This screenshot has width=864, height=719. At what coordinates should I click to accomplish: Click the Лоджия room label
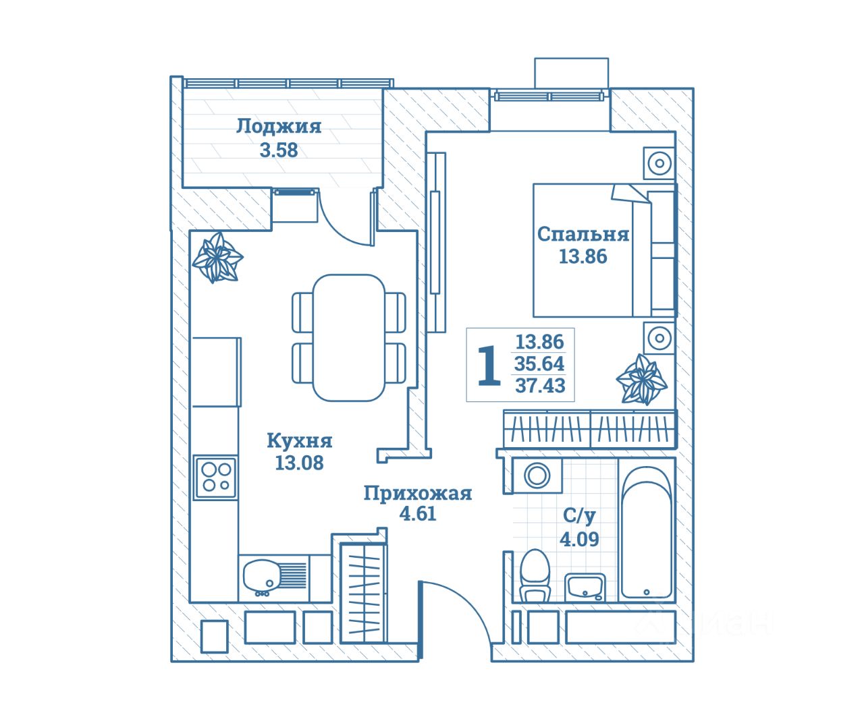click(x=279, y=126)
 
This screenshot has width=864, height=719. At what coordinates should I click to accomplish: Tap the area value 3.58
click(x=279, y=150)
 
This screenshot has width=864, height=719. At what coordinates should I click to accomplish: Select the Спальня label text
click(x=583, y=234)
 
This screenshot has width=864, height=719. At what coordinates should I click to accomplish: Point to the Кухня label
click(x=299, y=440)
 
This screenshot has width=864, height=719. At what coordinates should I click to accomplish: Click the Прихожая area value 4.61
click(x=418, y=514)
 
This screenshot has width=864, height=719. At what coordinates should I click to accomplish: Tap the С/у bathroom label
click(x=579, y=515)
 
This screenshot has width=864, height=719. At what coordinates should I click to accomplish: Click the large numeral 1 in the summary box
click(x=489, y=366)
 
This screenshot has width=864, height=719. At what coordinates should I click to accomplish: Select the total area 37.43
click(x=540, y=385)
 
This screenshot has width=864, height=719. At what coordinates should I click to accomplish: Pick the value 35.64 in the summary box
click(x=539, y=364)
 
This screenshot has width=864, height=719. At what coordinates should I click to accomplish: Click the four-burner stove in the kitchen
click(x=215, y=478)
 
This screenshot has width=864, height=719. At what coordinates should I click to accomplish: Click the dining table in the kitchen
click(x=349, y=338)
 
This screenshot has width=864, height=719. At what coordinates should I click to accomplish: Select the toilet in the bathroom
click(x=535, y=575)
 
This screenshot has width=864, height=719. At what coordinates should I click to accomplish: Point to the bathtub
click(x=647, y=532)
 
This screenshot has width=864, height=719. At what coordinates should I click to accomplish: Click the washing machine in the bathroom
click(x=537, y=475)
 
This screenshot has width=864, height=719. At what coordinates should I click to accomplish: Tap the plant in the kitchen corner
click(x=217, y=257)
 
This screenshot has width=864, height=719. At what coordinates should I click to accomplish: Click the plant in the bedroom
click(x=641, y=379)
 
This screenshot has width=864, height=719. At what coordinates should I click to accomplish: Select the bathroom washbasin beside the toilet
click(x=585, y=587)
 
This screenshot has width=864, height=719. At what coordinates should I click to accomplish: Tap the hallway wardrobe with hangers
click(x=364, y=593)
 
